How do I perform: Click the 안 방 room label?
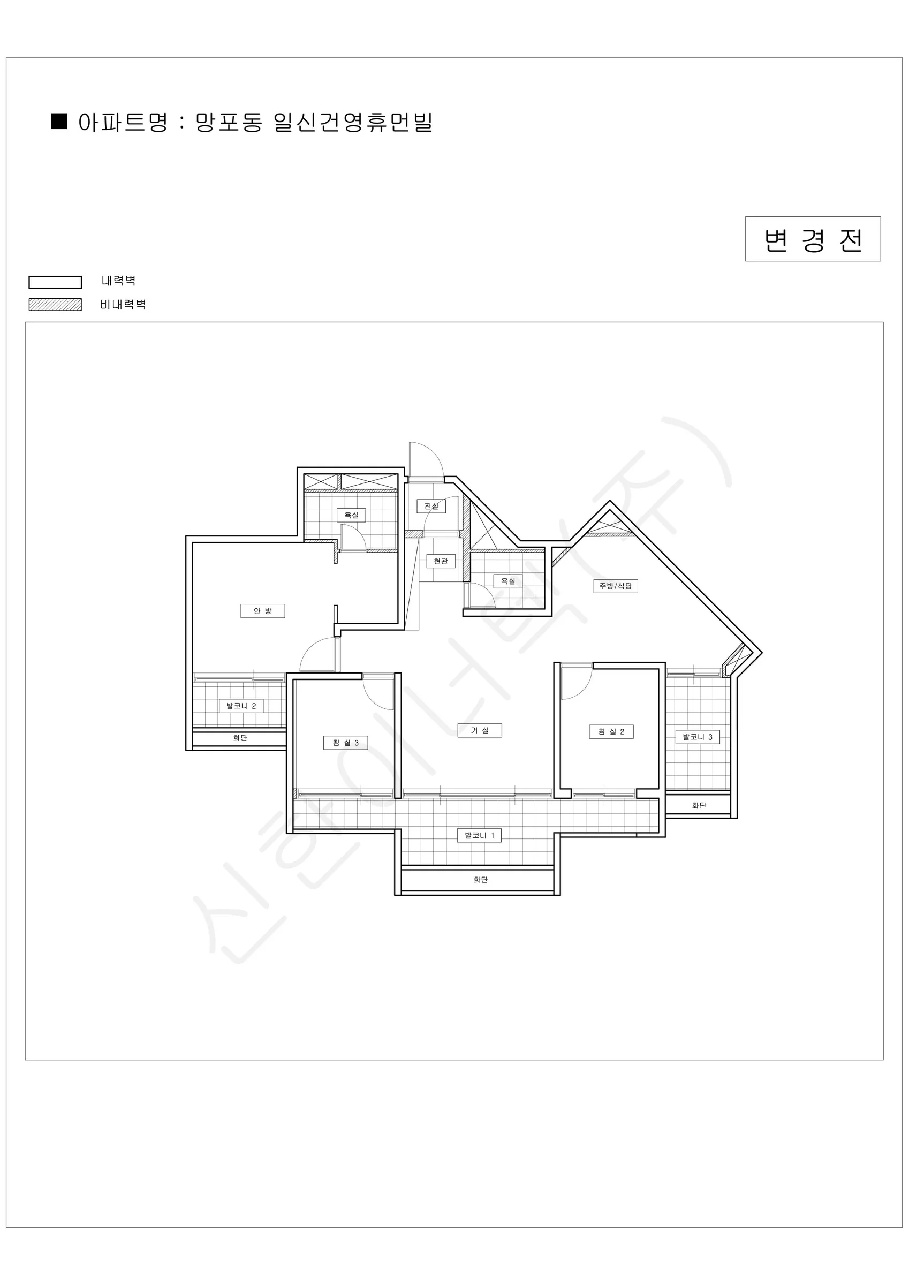[x=262, y=610]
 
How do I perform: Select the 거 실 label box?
[x=480, y=730]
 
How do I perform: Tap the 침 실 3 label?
[x=346, y=743]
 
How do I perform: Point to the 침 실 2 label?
[x=611, y=731]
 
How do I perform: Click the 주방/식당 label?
[x=616, y=586]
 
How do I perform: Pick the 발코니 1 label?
[x=479, y=836]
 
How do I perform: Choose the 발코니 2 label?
[x=241, y=706]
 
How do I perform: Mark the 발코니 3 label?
[x=698, y=737]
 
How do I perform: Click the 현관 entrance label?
[x=441, y=561]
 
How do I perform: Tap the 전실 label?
[x=431, y=506]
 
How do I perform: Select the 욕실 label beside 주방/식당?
[x=508, y=581]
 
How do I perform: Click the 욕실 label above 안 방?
[x=352, y=515]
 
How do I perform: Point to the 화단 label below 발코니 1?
[x=480, y=880]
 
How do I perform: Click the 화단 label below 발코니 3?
[x=699, y=805]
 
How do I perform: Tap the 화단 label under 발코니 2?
[x=240, y=738]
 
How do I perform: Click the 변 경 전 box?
[x=813, y=239]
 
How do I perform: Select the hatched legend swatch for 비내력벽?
[x=56, y=305]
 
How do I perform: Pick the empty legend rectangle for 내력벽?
[x=56, y=282]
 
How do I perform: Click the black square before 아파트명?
[x=59, y=121]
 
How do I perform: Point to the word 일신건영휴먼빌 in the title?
[x=353, y=122]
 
